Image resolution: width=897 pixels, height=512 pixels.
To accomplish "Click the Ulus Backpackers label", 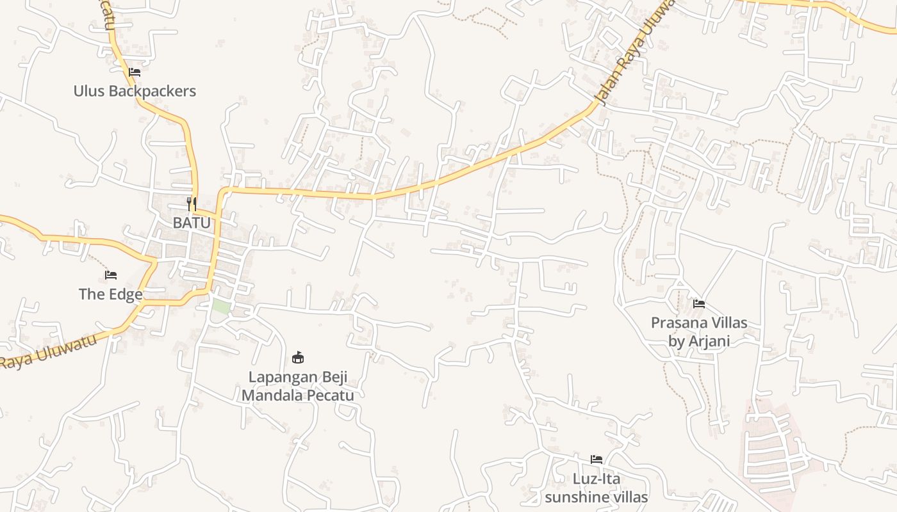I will [135, 91].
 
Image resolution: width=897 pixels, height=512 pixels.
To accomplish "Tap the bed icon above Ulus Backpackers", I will [135, 72].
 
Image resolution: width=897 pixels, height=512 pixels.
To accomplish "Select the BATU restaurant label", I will [192, 223].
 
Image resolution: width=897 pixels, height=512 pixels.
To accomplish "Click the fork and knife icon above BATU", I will [192, 204].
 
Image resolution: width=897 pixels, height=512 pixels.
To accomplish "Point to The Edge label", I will [110, 294].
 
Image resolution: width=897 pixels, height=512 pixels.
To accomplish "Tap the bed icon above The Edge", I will [111, 275].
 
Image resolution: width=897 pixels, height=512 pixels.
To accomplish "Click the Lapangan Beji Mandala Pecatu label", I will [297, 386].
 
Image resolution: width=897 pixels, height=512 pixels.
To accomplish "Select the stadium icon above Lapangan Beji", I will [298, 357].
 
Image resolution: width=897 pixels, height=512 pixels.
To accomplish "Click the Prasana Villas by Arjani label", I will [699, 332].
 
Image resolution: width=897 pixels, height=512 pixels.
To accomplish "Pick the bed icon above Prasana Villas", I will [699, 303].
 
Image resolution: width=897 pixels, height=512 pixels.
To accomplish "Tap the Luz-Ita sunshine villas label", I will [596, 488].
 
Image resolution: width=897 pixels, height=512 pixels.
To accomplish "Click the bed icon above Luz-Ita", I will [597, 460].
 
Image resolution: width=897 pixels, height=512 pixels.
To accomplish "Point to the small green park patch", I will [221, 306].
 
